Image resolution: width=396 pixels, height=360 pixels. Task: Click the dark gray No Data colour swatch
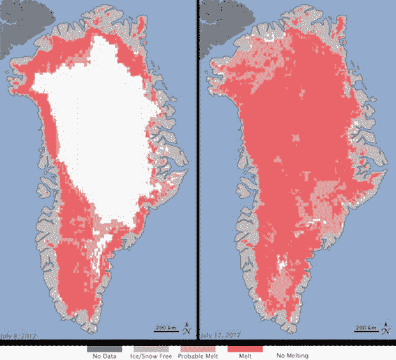pyautogui.click(x=105, y=348)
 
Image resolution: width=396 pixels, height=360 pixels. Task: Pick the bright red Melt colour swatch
pyautogui.click(x=245, y=348)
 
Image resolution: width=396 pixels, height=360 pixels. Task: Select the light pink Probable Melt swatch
pyautogui.click(x=199, y=348)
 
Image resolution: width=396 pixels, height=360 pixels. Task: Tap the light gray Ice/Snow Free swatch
pyautogui.click(x=151, y=348)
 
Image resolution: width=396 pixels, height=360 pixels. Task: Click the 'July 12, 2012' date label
pyautogui.click(x=220, y=334)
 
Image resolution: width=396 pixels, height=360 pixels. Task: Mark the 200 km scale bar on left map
pyautogui.click(x=165, y=329)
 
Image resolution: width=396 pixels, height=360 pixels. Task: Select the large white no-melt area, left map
pyautogui.click(x=102, y=128)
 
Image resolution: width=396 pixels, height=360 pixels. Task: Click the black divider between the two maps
pyautogui.click(x=197, y=173)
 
